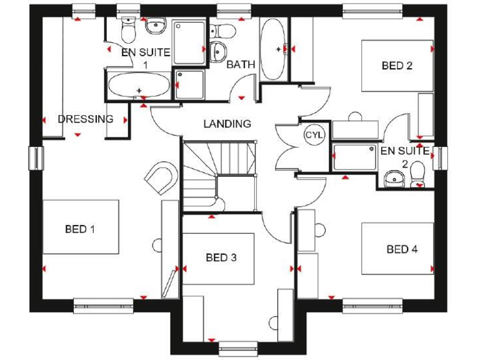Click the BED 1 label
pos(80,229)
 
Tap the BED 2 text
pos(397,65)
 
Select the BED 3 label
pos(221,257)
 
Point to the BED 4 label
pos(402,249)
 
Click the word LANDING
pos(227,124)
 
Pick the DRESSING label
pos(85,119)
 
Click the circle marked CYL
pos(312,134)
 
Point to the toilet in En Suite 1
pos(128,28)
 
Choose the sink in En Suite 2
pos(394,179)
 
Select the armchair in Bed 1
pos(162,177)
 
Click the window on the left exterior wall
pos(35,159)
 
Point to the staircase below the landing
pos(219,175)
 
